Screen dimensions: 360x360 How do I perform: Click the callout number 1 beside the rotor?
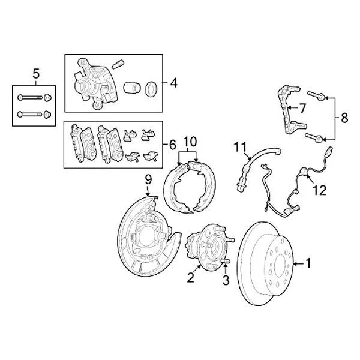point(309,262)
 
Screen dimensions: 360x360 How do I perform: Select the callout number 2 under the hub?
point(191,277)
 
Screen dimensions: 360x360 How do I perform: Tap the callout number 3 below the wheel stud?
point(226,280)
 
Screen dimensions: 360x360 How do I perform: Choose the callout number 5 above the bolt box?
point(35,74)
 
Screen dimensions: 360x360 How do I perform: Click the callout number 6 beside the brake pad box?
point(172,145)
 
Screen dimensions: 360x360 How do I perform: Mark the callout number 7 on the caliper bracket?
point(302,109)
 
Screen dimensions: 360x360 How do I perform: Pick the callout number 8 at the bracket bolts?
point(344,118)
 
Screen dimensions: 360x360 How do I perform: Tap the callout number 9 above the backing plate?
point(148,181)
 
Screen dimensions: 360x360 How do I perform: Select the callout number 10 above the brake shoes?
point(190,141)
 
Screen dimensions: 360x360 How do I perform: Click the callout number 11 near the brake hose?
point(240,146)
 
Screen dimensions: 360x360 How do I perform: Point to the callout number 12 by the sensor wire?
point(319,190)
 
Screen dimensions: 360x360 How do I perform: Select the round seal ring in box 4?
point(151,88)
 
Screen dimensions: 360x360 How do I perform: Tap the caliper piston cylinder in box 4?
point(131,88)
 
